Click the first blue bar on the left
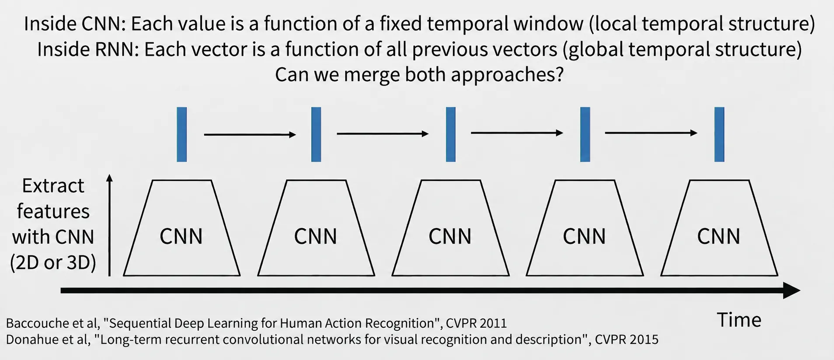pyautogui.click(x=182, y=135)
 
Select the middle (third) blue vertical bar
pyautogui.click(x=451, y=135)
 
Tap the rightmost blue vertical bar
pyautogui.click(x=719, y=135)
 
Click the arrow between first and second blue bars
pyautogui.click(x=250, y=135)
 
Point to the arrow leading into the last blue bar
pyautogui.click(x=651, y=133)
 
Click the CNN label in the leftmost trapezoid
pyautogui.click(x=181, y=237)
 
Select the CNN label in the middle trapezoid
pyautogui.click(x=450, y=237)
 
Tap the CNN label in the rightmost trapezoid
pyautogui.click(x=719, y=237)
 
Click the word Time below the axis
pyautogui.click(x=739, y=320)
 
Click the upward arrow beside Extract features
pyautogui.click(x=109, y=225)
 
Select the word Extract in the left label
pyautogui.click(x=53, y=186)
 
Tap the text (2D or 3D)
pyautogui.click(x=53, y=263)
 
